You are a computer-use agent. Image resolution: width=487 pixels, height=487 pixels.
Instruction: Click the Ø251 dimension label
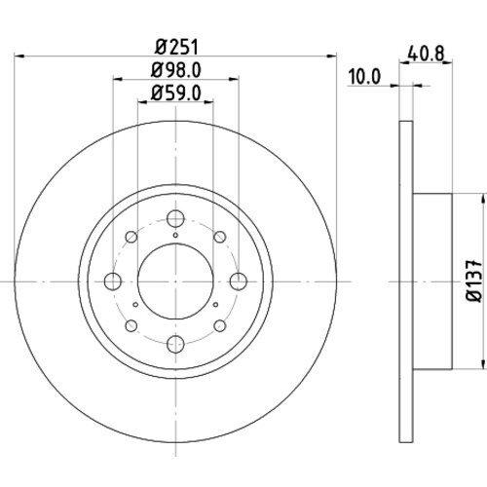[x=176, y=48]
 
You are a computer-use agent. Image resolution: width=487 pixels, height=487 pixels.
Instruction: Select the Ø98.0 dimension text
[x=176, y=70]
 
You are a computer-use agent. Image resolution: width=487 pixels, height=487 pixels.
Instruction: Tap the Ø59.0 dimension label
[x=176, y=94]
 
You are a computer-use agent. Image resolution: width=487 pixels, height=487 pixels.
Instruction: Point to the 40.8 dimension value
[x=426, y=54]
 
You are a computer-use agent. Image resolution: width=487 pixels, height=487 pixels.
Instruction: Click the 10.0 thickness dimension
[x=363, y=77]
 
